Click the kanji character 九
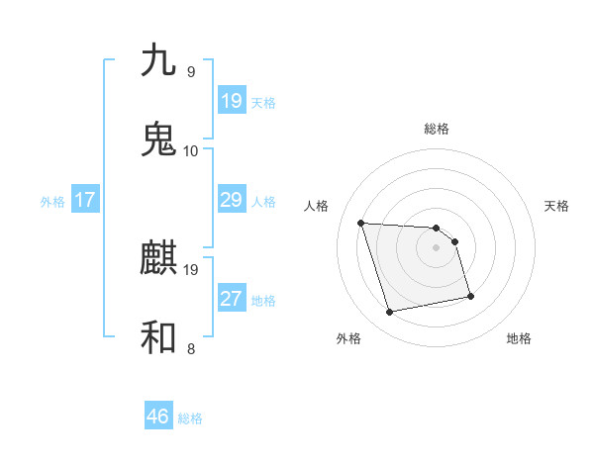[x=159, y=60]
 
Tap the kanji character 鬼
[x=159, y=139]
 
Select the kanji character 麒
[x=159, y=258]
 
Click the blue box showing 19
[x=231, y=101]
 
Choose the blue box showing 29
[x=231, y=200]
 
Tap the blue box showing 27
[x=231, y=299]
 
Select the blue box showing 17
[x=84, y=200]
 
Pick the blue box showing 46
[x=158, y=417]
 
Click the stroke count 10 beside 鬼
[x=191, y=151]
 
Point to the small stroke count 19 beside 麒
[x=191, y=269]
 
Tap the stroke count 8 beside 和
[x=191, y=348]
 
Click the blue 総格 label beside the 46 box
[x=190, y=418]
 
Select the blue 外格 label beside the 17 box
[x=52, y=202]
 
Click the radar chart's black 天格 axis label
[x=556, y=206]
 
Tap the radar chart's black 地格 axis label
[x=519, y=338]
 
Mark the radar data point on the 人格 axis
[x=361, y=223]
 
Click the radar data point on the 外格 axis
[x=390, y=313]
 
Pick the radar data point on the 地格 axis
[x=469, y=296]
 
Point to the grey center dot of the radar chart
[x=436, y=247]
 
